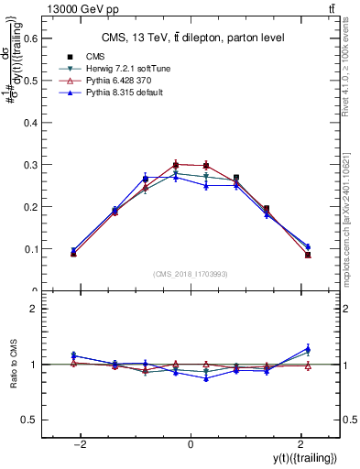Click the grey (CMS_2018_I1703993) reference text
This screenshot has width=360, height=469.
pos(191,274)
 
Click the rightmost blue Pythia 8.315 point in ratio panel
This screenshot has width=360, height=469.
pos(308,348)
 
